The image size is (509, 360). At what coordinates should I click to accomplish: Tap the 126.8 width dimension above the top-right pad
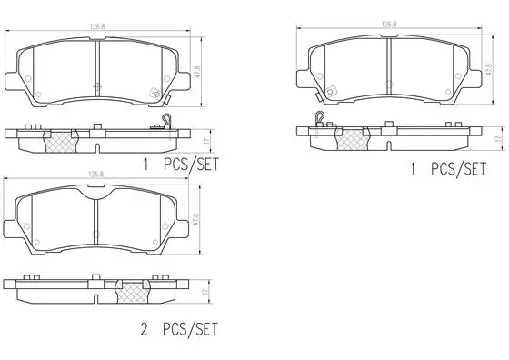[x=388, y=26]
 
